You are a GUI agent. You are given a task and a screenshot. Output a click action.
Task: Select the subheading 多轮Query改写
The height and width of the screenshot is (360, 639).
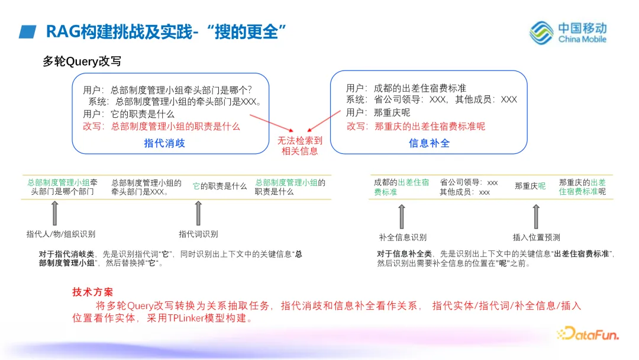click(82, 62)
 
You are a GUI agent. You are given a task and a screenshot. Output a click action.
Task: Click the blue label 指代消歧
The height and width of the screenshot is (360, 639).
click(164, 143)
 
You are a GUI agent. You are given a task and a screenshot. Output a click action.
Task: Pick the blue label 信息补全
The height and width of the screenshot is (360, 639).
click(429, 143)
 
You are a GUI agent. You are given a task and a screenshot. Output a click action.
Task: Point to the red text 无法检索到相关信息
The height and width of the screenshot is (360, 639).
click(301, 146)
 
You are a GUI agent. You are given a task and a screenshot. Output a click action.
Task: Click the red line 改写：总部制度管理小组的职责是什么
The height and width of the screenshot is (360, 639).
click(162, 126)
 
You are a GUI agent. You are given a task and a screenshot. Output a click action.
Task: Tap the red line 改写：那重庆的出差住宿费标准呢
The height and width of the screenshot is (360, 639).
click(415, 126)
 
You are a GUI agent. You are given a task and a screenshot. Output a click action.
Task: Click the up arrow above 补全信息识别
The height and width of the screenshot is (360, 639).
click(402, 217)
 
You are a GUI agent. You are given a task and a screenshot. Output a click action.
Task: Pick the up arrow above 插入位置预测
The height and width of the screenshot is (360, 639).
click(536, 217)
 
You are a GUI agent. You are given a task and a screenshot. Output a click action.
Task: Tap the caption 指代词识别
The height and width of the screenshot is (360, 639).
click(198, 234)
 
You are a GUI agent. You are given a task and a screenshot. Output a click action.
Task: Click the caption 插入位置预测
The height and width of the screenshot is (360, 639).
click(536, 237)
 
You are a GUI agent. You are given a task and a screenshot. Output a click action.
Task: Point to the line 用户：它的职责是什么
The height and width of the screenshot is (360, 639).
click(128, 114)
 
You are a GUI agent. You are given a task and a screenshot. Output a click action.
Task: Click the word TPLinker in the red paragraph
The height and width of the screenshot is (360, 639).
click(187, 318)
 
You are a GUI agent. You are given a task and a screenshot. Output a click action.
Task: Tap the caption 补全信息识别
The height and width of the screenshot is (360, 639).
click(402, 237)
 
